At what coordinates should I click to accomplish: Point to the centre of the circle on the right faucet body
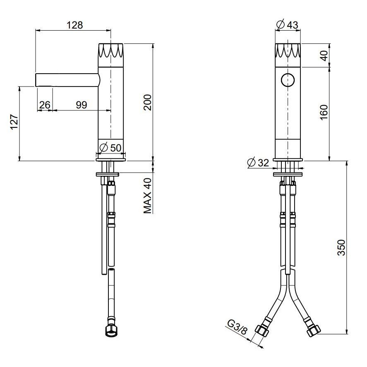click(x=288, y=80)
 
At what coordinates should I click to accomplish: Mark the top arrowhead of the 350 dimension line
click(x=347, y=163)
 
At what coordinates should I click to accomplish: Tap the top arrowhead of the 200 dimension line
click(x=153, y=46)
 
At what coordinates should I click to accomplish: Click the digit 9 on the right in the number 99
click(x=84, y=105)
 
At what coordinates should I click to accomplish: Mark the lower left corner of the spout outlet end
click(x=36, y=86)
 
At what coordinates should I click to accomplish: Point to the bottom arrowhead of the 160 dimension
click(x=329, y=159)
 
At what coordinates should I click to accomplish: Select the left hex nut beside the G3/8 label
click(x=261, y=331)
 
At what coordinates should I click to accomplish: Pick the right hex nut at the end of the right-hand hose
click(x=314, y=331)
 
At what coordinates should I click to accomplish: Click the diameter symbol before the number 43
click(x=281, y=24)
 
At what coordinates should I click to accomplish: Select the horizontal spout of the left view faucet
click(x=67, y=79)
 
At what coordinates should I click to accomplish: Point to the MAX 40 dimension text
click(x=148, y=196)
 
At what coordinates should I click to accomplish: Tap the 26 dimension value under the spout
click(x=45, y=105)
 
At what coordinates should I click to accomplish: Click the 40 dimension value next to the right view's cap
click(x=324, y=55)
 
